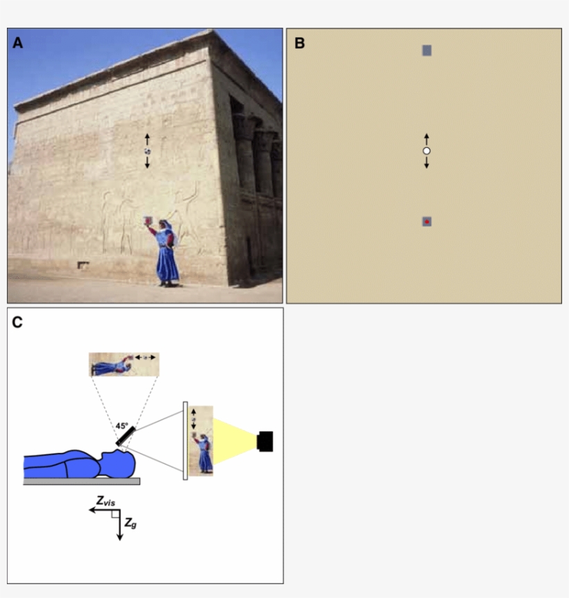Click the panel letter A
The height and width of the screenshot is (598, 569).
[18, 43]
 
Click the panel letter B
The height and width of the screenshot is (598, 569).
[300, 43]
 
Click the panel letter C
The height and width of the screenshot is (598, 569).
[18, 322]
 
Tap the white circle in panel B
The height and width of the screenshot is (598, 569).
[427, 151]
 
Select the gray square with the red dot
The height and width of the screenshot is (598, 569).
[427, 221]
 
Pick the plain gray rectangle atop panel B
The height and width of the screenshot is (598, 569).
[427, 50]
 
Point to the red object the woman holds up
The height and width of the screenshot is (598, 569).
[147, 221]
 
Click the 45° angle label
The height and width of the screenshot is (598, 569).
[122, 426]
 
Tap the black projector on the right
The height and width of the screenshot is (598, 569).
[264, 441]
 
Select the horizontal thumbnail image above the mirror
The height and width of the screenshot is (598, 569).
[124, 364]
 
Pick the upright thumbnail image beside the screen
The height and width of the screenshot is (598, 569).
[201, 440]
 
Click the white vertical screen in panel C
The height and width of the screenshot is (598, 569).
[185, 441]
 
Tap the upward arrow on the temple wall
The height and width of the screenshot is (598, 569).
[147, 139]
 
